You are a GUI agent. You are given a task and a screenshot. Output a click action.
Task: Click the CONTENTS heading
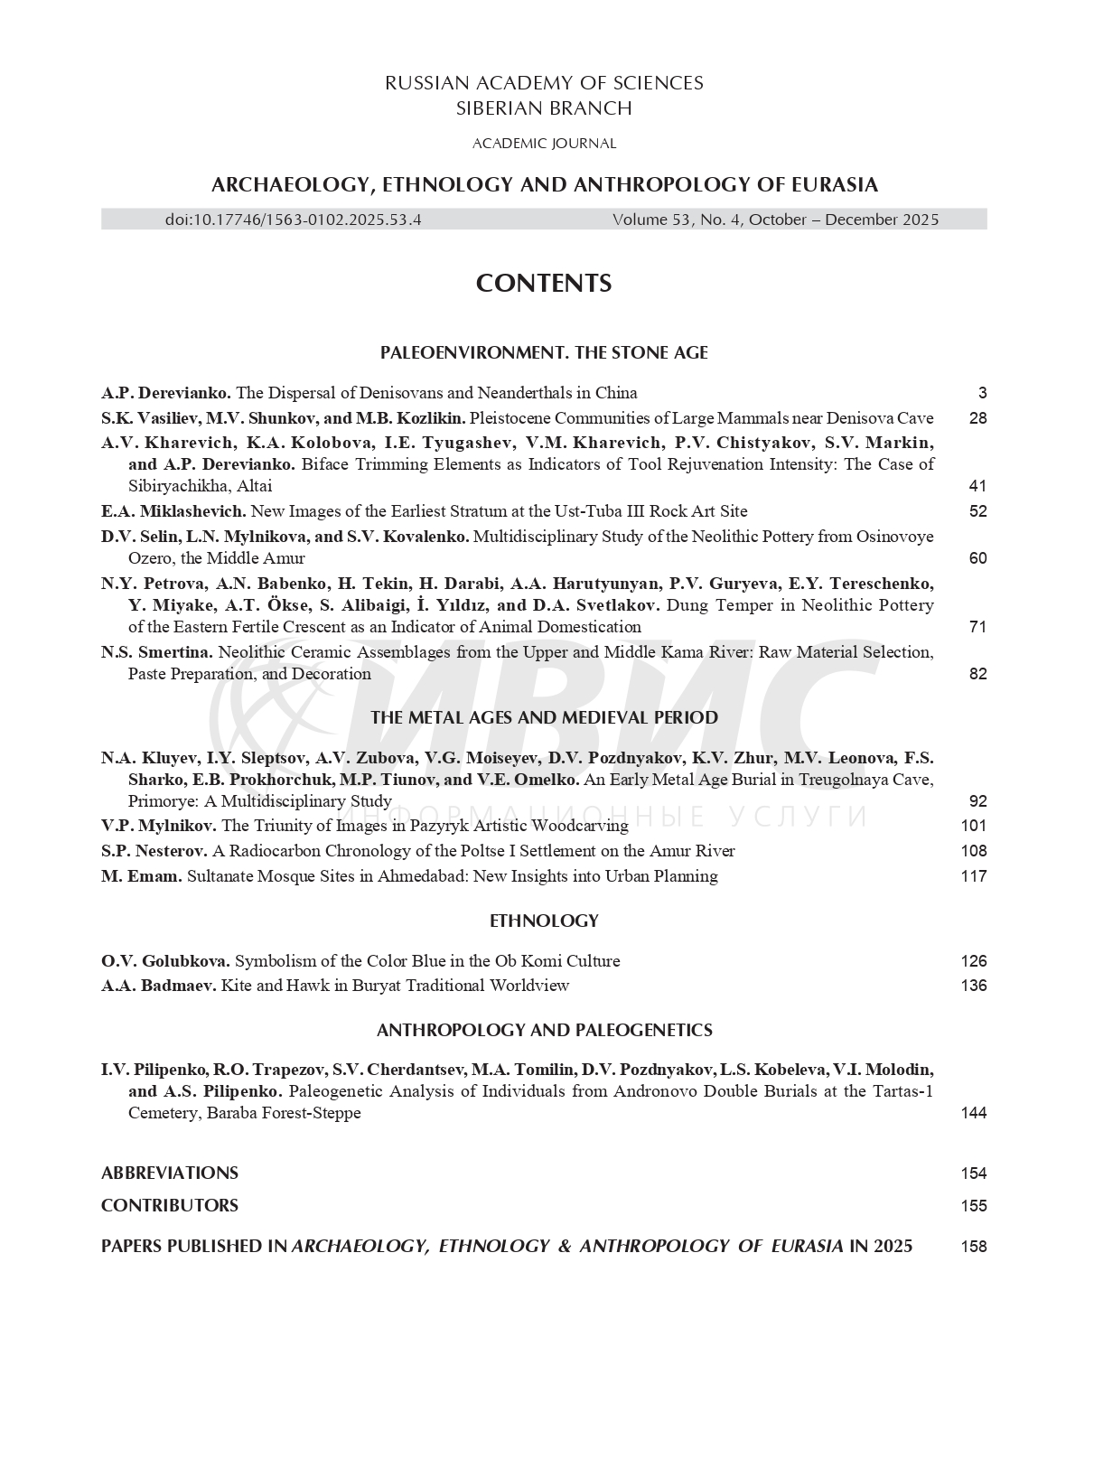(x=544, y=284)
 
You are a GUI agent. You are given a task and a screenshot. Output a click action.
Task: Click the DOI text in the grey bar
(x=294, y=220)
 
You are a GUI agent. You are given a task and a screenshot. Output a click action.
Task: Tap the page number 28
(x=977, y=418)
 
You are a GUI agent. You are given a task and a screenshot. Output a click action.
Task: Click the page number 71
(x=977, y=627)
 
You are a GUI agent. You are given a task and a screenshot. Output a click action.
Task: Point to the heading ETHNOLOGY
(x=544, y=921)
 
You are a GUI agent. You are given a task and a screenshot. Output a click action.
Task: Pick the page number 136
(x=974, y=986)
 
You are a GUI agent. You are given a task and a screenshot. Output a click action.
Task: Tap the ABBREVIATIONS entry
(x=170, y=1173)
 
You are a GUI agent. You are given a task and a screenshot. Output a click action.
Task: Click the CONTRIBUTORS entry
(x=170, y=1206)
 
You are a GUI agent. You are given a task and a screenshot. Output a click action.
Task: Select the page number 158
(x=974, y=1247)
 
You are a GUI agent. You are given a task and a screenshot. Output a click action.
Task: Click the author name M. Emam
(x=142, y=876)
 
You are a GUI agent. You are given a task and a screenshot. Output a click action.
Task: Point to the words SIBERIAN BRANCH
(x=544, y=109)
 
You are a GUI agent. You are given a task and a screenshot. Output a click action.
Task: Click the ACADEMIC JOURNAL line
(x=544, y=144)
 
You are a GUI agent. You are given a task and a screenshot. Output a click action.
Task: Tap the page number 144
(x=974, y=1113)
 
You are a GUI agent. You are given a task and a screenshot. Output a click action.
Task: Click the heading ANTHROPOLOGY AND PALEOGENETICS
(x=544, y=1031)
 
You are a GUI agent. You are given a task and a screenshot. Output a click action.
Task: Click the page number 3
(x=982, y=393)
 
